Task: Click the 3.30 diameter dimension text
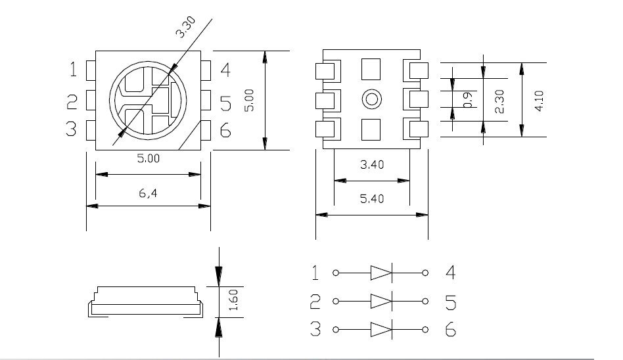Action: (185, 27)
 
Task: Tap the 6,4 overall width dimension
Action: (148, 193)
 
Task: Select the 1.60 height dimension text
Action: (234, 300)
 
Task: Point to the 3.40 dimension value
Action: (372, 164)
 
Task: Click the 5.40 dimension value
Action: (372, 198)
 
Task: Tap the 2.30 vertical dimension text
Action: (499, 101)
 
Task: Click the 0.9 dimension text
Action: (468, 99)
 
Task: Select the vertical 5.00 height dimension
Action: (248, 100)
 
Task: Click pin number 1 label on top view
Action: (73, 69)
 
